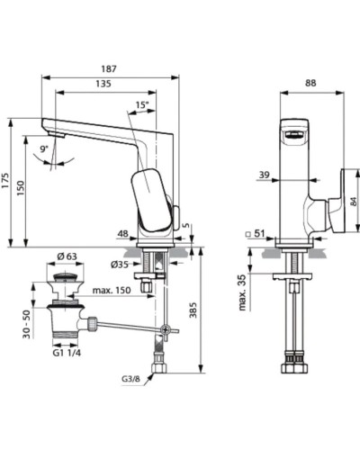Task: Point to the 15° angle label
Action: tap(142, 104)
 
